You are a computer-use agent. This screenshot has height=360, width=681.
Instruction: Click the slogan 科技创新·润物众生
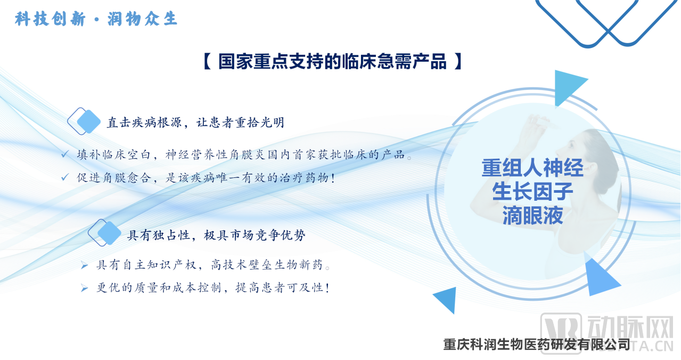(x=96, y=19)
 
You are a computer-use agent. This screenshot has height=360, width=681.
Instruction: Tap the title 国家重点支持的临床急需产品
(x=333, y=61)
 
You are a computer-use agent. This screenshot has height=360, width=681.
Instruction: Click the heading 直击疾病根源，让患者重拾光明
(x=195, y=122)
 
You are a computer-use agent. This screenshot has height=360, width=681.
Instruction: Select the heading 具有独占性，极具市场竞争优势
(x=216, y=235)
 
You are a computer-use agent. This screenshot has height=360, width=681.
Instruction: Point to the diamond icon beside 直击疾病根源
(x=84, y=121)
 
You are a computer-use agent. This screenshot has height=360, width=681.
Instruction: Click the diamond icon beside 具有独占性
(x=104, y=233)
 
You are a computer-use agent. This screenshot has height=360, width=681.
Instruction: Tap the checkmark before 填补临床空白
(x=65, y=154)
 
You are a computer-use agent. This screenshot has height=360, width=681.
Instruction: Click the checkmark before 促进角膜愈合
(x=65, y=177)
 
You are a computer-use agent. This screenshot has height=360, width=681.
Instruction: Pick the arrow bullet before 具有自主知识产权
(x=85, y=266)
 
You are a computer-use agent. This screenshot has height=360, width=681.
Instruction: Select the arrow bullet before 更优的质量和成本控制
(x=85, y=288)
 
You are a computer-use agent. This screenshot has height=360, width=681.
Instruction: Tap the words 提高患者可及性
(x=282, y=288)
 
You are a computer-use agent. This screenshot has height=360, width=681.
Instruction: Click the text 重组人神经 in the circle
(x=532, y=168)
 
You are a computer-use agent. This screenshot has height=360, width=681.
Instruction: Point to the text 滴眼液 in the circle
(x=532, y=215)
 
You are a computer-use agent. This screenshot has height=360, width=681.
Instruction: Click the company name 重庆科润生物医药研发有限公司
(x=537, y=345)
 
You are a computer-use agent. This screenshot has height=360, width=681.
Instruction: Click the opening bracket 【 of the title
(x=207, y=61)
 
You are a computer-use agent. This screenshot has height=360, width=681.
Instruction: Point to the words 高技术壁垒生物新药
(x=267, y=265)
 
